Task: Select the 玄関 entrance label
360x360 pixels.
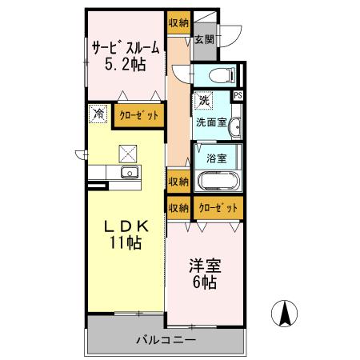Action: click(204, 39)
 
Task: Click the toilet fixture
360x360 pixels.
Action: click(219, 75)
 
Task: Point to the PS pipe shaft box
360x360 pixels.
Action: click(238, 94)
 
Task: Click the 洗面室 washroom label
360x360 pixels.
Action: click(211, 122)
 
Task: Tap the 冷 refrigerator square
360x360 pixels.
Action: click(97, 114)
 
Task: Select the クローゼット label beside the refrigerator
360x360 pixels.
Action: click(139, 115)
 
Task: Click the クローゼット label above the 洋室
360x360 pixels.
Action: click(218, 206)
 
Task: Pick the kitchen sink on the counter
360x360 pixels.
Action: click(128, 173)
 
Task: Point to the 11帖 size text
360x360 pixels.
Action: click(126, 243)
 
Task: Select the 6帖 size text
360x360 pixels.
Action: click(206, 282)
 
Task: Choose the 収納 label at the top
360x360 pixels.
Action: click(178, 23)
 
